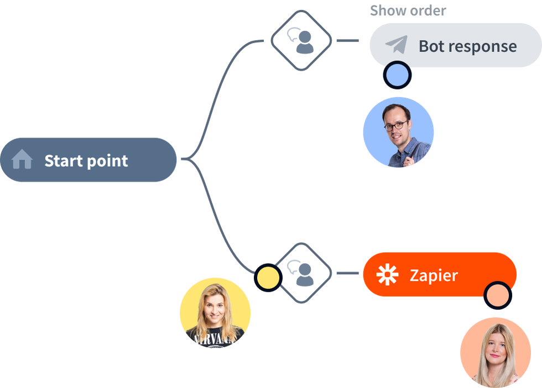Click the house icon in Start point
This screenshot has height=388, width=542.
click(x=22, y=161)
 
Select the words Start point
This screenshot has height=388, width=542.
click(x=86, y=161)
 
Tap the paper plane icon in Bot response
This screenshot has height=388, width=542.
click(x=396, y=45)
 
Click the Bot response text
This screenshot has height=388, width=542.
click(x=467, y=46)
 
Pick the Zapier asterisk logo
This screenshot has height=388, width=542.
click(x=387, y=275)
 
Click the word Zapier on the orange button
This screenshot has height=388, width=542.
click(x=434, y=275)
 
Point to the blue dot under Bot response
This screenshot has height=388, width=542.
click(x=398, y=76)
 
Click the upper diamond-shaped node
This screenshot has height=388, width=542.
click(x=301, y=40)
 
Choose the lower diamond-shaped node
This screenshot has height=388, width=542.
click(x=304, y=273)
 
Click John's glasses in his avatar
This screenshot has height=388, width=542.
click(x=396, y=125)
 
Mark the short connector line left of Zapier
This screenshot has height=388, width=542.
click(x=347, y=273)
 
